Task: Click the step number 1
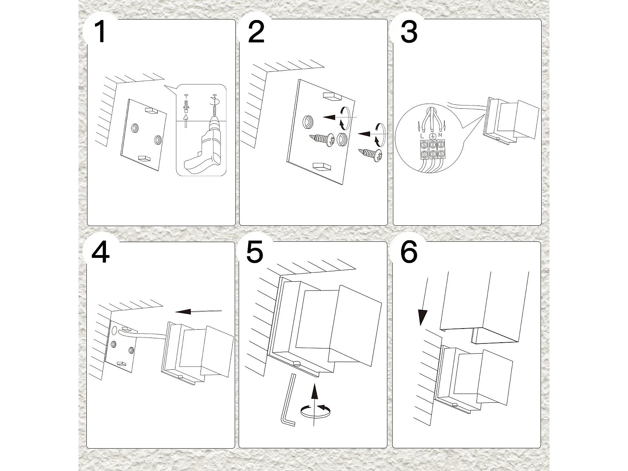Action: (100, 32)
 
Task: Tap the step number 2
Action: (256, 32)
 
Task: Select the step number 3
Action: (409, 32)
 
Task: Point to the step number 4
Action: (100, 252)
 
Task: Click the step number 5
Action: (255, 252)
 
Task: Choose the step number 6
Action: (409, 252)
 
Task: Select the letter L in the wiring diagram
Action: (422, 135)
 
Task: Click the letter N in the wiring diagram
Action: (440, 135)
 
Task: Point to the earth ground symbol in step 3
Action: (431, 136)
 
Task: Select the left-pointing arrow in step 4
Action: (198, 311)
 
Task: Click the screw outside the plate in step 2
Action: (370, 155)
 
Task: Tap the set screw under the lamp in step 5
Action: (296, 364)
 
